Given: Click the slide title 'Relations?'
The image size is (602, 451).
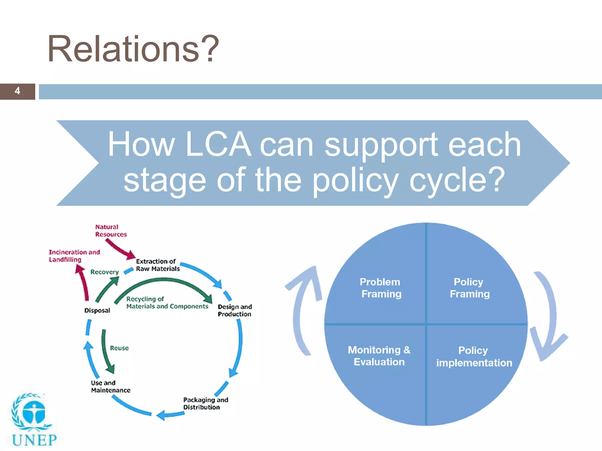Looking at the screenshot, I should tap(133, 49).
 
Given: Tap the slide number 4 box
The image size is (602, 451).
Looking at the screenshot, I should tap(17, 91).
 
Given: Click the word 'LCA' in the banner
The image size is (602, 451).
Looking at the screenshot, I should tap(218, 144).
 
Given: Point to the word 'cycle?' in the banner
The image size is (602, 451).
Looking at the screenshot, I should tap(457, 180).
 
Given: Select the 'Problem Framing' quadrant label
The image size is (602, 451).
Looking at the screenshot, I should tap(381, 288).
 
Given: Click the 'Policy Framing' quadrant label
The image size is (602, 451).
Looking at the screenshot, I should tap(469, 288).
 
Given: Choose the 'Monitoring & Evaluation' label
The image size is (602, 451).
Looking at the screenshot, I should tap(379, 356).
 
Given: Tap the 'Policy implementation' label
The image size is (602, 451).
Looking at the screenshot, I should tap(474, 356).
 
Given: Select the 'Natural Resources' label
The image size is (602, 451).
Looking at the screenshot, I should tap(111, 230).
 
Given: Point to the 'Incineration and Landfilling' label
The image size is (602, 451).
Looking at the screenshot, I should tap(74, 256).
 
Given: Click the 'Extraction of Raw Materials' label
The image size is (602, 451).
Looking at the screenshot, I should tap(157, 265).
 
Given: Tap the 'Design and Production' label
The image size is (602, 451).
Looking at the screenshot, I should tap(235, 310).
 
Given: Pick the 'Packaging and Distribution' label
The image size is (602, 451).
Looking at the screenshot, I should tap(205, 403).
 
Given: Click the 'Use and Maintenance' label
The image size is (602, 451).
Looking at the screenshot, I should tap(110, 386).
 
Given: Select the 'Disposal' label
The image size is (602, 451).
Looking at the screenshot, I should tap(97, 310).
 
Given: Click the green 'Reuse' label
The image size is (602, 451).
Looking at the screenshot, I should tap(119, 348).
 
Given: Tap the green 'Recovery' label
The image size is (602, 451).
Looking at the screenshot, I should tap(104, 272).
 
